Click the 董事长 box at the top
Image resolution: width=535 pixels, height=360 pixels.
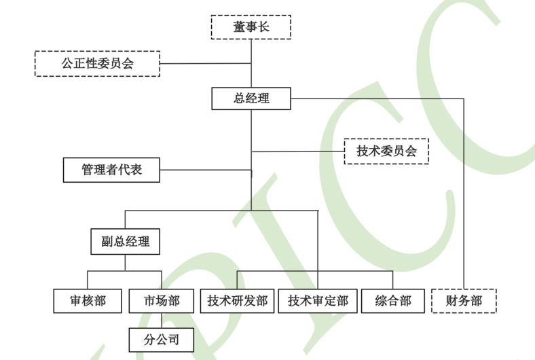(x=251, y=27)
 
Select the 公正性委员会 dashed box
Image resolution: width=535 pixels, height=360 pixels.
(x=97, y=63)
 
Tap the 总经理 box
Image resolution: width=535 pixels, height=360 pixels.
(x=251, y=98)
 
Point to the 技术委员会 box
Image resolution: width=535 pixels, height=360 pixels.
(x=386, y=151)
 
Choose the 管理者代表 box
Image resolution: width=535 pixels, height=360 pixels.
(x=112, y=170)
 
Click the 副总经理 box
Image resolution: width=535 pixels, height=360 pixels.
(x=126, y=241)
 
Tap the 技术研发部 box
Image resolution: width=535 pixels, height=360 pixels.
(x=238, y=301)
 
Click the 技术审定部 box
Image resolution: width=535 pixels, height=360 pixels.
(x=318, y=301)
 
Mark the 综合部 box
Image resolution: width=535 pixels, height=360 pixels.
(x=393, y=301)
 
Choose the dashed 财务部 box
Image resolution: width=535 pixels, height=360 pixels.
(x=464, y=301)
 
